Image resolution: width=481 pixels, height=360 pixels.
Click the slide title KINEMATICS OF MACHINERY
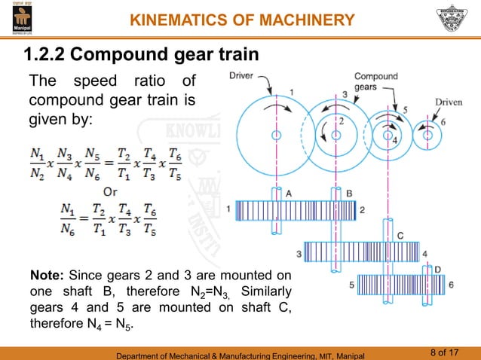tap(242, 19)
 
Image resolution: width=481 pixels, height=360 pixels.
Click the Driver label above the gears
tap(243, 76)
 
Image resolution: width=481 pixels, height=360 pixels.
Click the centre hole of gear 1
tap(277, 135)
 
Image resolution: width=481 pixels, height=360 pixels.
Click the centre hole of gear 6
tap(427, 136)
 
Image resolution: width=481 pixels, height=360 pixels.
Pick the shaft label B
tap(349, 193)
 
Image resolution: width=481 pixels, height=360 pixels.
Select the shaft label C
tap(400, 236)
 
